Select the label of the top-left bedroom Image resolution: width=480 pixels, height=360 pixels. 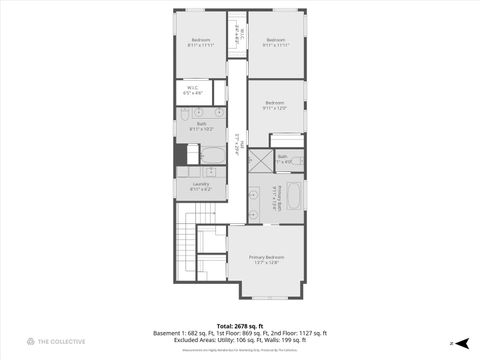pyautogui.click(x=201, y=43)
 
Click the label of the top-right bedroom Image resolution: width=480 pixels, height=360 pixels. pyautogui.click(x=276, y=43)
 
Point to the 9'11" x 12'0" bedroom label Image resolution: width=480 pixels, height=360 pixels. pyautogui.click(x=275, y=105)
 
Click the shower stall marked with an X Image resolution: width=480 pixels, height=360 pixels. pyautogui.click(x=260, y=162)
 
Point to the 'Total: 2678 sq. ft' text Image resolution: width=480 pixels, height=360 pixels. pyautogui.click(x=239, y=325)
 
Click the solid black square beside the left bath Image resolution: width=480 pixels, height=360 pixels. pyautogui.click(x=181, y=155)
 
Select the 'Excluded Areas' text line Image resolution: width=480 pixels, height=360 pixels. pyautogui.click(x=239, y=341)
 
